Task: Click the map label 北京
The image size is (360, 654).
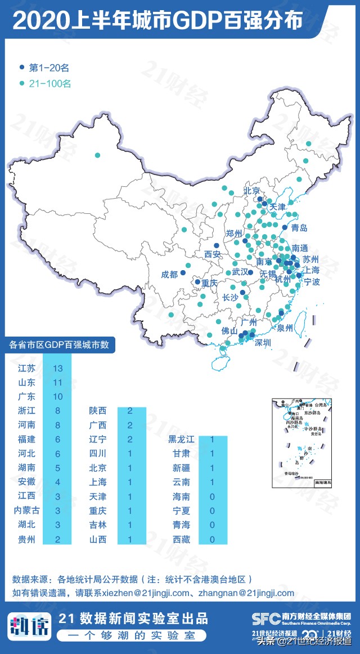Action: pos(252,191)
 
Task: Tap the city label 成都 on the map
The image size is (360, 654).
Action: pos(169,274)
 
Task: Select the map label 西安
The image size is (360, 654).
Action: pos(213,254)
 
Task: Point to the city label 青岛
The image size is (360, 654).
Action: pos(299,228)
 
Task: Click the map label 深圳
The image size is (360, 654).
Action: pos(263,342)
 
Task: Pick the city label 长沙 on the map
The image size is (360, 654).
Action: pos(230,297)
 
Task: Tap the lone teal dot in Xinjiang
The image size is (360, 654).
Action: pos(97,155)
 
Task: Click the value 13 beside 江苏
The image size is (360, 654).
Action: pos(57,368)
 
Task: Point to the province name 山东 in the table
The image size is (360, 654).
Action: pos(26,382)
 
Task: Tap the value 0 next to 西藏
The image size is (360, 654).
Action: pos(211,539)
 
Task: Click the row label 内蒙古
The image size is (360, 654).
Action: pos(26,510)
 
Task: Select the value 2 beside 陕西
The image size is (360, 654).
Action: pos(130,411)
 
